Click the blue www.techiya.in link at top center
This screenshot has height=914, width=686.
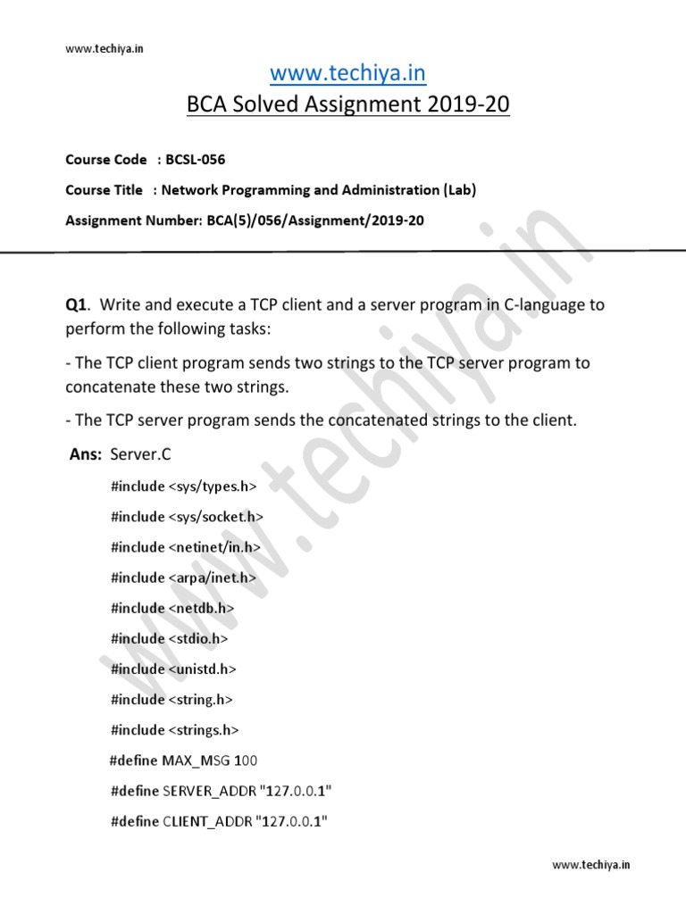pyautogui.click(x=347, y=71)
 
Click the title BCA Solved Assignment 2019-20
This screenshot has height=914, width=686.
pyautogui.click(x=347, y=104)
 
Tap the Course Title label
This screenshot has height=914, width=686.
pyautogui.click(x=104, y=190)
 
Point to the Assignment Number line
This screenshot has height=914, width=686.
pyautogui.click(x=244, y=220)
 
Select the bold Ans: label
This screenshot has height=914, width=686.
pyautogui.click(x=86, y=455)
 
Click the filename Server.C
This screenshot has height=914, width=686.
pyautogui.click(x=140, y=455)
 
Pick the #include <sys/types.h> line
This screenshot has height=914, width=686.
pyautogui.click(x=183, y=486)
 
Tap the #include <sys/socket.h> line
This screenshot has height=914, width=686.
pyautogui.click(x=187, y=517)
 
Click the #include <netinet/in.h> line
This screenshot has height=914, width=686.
pyautogui.click(x=186, y=547)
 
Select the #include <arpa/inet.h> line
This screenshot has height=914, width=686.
pyautogui.click(x=183, y=577)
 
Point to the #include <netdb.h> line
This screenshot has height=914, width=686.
pyautogui.click(x=172, y=608)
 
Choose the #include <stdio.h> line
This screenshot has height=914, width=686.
pyautogui.click(x=170, y=639)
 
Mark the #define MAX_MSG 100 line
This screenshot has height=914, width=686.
pyautogui.click(x=184, y=760)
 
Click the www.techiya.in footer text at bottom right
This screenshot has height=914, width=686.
pyautogui.click(x=591, y=864)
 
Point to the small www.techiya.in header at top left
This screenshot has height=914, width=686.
pyautogui.click(x=105, y=49)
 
